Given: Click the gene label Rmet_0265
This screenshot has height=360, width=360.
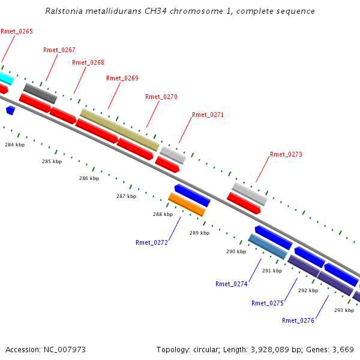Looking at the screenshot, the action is pyautogui.click(x=17, y=31).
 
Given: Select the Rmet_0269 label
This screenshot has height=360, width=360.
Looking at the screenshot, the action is pyautogui.click(x=122, y=78).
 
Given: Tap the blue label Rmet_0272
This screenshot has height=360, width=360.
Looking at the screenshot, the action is pyautogui.click(x=152, y=242).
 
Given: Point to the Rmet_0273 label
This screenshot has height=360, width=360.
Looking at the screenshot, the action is pyautogui.click(x=286, y=155).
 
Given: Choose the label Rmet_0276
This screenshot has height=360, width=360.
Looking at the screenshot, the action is pyautogui.click(x=298, y=320).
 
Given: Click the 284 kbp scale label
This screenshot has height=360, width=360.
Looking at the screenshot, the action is pyautogui.click(x=14, y=145).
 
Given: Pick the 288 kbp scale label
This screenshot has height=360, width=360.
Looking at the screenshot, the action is pyautogui.click(x=163, y=214).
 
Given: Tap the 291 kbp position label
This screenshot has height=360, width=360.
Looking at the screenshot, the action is pyautogui.click(x=272, y=271).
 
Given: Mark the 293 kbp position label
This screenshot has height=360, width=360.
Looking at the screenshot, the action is pyautogui.click(x=344, y=310).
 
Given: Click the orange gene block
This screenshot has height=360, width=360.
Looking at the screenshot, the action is pyautogui.click(x=187, y=205).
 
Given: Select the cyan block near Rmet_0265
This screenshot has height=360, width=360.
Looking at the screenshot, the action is pyautogui.click(x=7, y=78).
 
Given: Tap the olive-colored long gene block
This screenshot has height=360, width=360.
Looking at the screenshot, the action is pyautogui.click(x=119, y=130).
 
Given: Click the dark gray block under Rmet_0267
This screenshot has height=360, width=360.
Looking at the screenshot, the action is pyautogui.click(x=40, y=94).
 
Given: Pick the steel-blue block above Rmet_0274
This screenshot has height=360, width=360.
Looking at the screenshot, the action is pyautogui.click(x=268, y=247).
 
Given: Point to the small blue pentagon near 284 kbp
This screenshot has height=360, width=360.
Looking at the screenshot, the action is pyautogui.click(x=11, y=110).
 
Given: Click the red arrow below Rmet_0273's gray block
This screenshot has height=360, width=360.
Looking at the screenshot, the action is pyautogui.click(x=244, y=203).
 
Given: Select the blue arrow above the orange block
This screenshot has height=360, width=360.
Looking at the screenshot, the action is pyautogui.click(x=193, y=196).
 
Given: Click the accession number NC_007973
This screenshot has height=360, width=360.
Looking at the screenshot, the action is pyautogui.click(x=65, y=350).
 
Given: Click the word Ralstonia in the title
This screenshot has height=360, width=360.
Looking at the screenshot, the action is pyautogui.click(x=64, y=11).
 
